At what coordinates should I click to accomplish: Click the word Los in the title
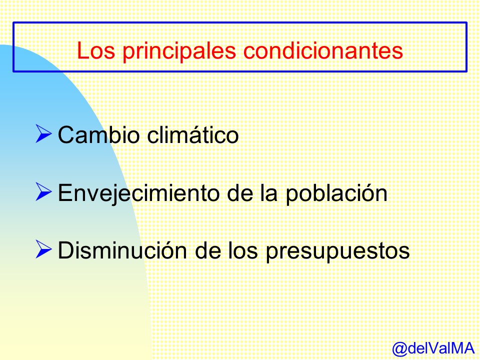coord(96,50)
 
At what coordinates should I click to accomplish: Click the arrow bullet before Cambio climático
coord(43,133)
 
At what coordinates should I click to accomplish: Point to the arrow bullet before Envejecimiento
coord(43,191)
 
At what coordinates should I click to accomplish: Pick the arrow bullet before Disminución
coord(43,249)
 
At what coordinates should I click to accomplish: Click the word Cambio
coord(99,134)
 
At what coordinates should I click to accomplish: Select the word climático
coord(193,134)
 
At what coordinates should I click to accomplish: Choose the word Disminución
coord(122,250)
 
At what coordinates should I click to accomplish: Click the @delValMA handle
coord(433,348)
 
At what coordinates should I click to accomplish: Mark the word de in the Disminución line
coord(208,250)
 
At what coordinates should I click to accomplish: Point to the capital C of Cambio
coord(66,134)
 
